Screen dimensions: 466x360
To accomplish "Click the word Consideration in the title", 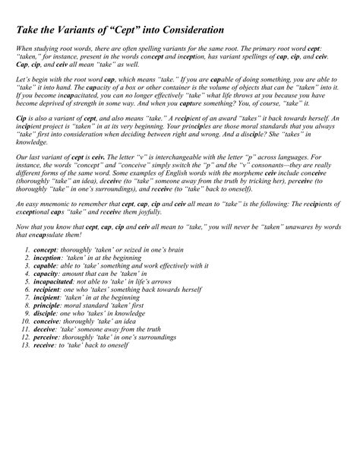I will coord(185,30).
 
